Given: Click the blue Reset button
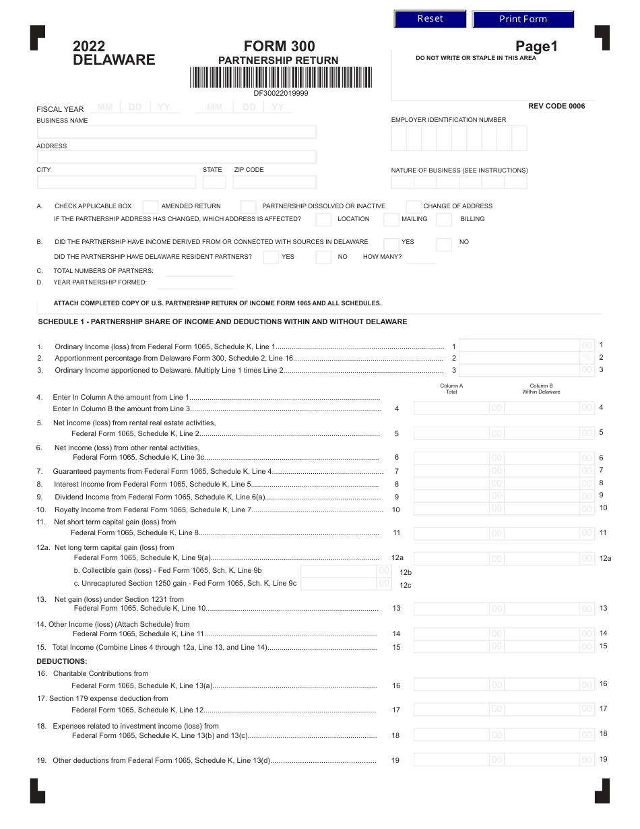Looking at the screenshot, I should tap(430, 19).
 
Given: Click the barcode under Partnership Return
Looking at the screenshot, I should tap(280, 78).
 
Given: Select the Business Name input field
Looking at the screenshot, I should tap(177, 132).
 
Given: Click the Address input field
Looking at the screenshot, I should tap(177, 157).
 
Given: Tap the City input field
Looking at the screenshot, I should tap(116, 182).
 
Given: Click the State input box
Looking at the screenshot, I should tap(214, 182).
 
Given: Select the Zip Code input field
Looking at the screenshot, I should tap(275, 182).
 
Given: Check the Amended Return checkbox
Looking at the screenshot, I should tap(151, 207).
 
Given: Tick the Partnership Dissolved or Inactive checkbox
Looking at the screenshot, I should tap(249, 207).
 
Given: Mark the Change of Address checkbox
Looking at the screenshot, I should tap(414, 207).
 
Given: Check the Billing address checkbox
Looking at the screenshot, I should tap(444, 219).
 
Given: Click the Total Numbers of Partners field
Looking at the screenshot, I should tap(195, 271).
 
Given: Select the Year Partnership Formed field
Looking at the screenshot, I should tap(195, 282).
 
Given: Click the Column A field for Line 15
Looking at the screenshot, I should tap(458, 646).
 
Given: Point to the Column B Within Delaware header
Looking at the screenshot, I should tap(541, 389).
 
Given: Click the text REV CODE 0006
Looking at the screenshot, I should tap(556, 106).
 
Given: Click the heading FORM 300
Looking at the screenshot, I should tap(279, 47).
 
